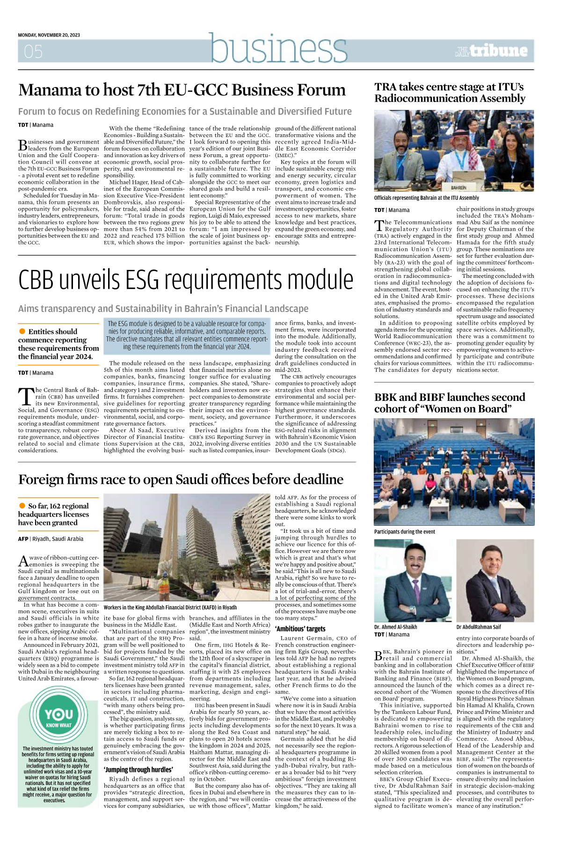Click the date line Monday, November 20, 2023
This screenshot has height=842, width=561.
pos(49,35)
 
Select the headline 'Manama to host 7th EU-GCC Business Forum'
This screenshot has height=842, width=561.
pos(182,90)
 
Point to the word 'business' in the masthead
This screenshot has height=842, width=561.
pos(278,48)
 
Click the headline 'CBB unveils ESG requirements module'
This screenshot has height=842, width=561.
pos(186,280)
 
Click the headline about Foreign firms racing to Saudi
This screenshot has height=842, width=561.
pos(181,479)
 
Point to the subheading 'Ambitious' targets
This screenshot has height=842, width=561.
pos(300,629)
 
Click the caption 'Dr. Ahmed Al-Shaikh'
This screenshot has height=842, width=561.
pos(395,627)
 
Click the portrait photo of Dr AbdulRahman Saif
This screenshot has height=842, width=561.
pos(495,580)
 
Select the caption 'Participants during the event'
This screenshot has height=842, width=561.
pos(404,532)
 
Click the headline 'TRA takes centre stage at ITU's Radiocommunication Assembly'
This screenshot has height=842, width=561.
pos(450,93)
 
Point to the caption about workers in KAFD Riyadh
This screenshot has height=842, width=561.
pos(170,607)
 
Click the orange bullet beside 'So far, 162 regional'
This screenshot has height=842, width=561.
pos(22,506)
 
